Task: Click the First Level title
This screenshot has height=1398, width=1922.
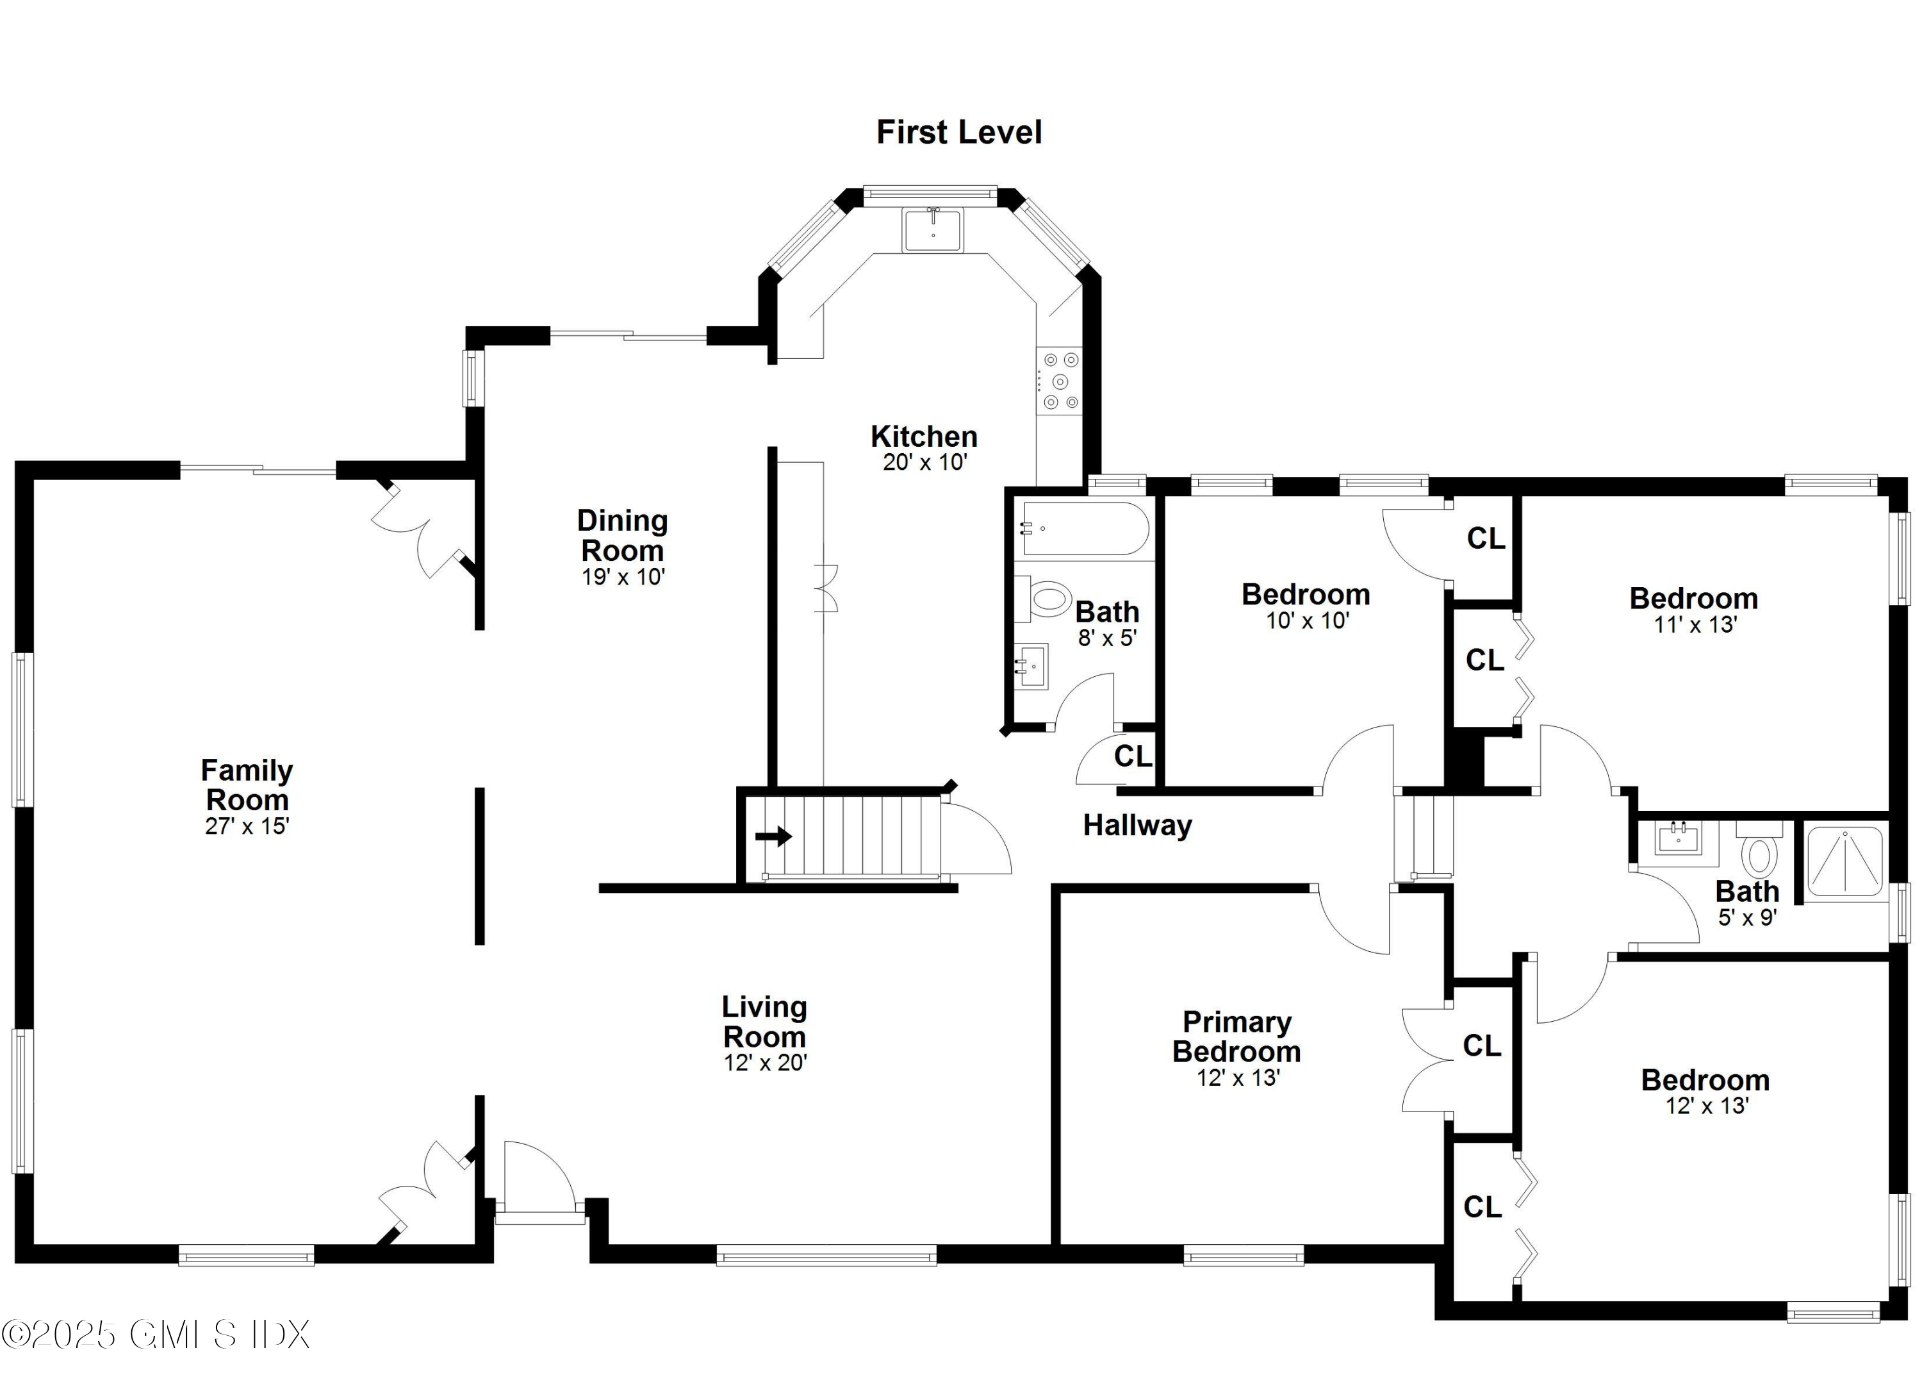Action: pyautogui.click(x=958, y=132)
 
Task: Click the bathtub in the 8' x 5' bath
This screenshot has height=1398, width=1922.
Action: pyautogui.click(x=1085, y=528)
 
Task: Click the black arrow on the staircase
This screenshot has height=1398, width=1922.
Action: pyautogui.click(x=773, y=836)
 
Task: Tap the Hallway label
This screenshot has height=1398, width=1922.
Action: pyautogui.click(x=1137, y=825)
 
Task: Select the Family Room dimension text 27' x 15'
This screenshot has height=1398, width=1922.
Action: pyautogui.click(x=247, y=826)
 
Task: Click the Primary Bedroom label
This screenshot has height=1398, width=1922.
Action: pyautogui.click(x=1236, y=1037)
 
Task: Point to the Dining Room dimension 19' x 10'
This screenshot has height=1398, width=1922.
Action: pyautogui.click(x=623, y=578)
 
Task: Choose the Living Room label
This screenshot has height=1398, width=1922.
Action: pyautogui.click(x=764, y=1022)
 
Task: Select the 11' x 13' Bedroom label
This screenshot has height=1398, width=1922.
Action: pyautogui.click(x=1693, y=599)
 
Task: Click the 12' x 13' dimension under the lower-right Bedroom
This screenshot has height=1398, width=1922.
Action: pyautogui.click(x=1707, y=1106)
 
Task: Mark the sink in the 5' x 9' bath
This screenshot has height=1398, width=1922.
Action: pyautogui.click(x=1678, y=839)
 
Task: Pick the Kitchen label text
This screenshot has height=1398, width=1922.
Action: pyautogui.click(x=924, y=437)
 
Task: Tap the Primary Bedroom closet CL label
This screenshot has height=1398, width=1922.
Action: pyautogui.click(x=1481, y=1046)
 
